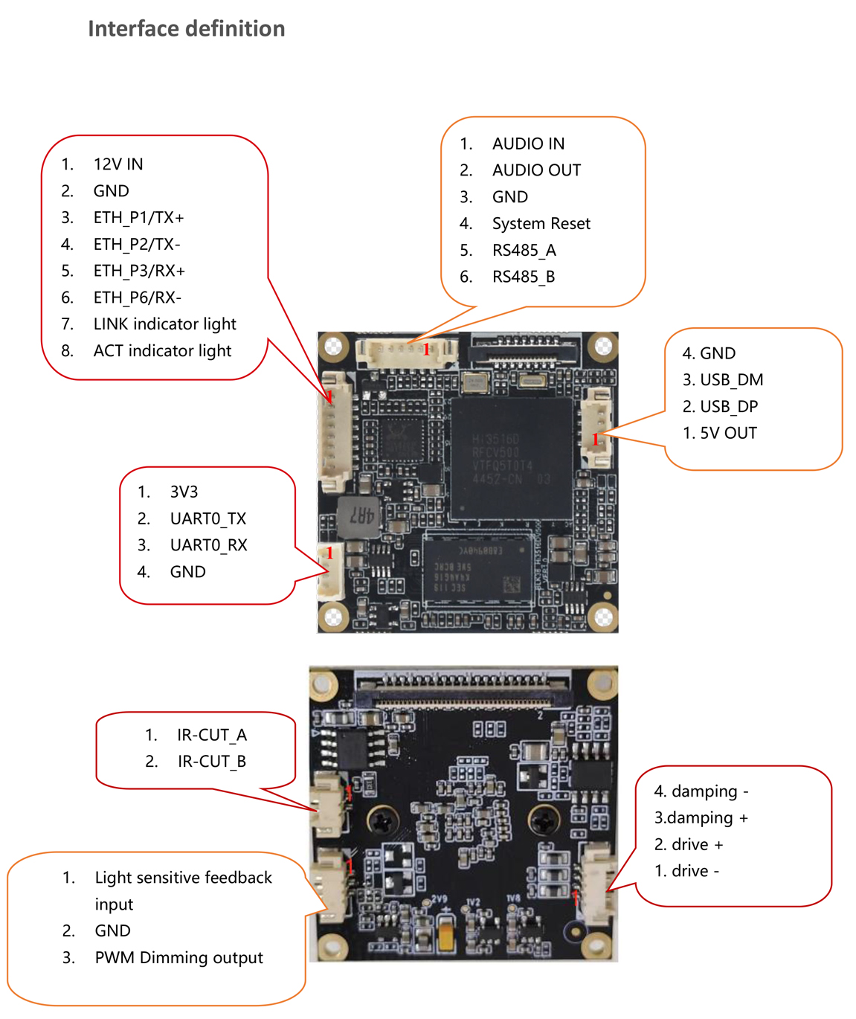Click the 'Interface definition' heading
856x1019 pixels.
186,28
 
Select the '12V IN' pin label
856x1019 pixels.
118,164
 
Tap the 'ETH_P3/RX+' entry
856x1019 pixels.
138,271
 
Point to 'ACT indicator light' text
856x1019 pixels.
162,350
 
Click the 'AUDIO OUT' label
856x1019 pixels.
536,170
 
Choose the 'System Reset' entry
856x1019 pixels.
541,224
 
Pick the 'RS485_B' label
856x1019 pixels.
523,277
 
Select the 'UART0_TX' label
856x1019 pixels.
207,518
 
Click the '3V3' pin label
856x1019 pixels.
184,492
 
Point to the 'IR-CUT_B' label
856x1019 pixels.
211,762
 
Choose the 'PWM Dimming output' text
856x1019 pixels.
178,958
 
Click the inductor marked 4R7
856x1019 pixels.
358,515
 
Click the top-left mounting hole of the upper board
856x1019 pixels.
334,347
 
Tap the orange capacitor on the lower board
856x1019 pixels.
445,933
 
